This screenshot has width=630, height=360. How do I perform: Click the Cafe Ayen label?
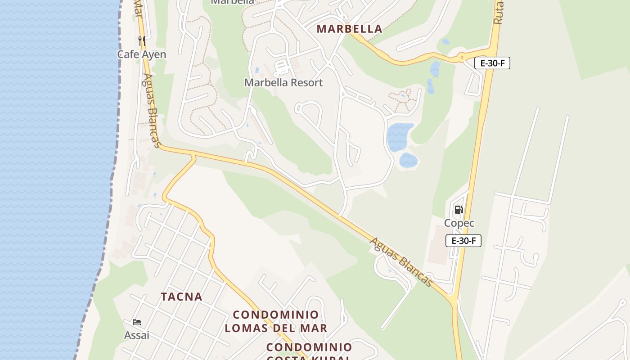tap(141, 54)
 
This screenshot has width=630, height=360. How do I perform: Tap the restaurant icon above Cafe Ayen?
tap(142, 41)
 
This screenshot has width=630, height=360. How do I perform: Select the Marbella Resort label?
tap(283, 83)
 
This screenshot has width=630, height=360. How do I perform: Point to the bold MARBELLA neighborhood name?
tap(349, 29)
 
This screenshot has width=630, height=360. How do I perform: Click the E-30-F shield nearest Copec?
tap(463, 241)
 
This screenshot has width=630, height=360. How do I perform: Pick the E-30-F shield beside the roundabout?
tap(492, 63)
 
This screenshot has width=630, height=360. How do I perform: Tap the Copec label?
tap(459, 223)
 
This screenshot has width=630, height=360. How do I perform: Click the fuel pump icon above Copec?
tap(459, 209)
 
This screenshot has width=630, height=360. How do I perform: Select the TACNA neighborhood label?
tap(182, 297)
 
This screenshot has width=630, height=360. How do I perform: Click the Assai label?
tap(137, 335)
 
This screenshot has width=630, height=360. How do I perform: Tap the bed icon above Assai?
tap(137, 322)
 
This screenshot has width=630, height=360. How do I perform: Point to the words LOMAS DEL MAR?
tap(276, 328)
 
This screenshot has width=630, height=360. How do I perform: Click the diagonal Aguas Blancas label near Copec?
tap(401, 261)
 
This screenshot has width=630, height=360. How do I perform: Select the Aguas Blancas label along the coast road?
tap(152, 111)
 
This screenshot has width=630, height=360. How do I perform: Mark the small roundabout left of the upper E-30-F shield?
tap(462, 57)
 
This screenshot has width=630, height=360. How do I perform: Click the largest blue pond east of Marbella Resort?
tap(399, 136)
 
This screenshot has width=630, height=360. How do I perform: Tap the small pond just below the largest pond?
tap(408, 160)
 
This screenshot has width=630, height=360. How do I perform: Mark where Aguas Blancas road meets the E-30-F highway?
tap(453, 299)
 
